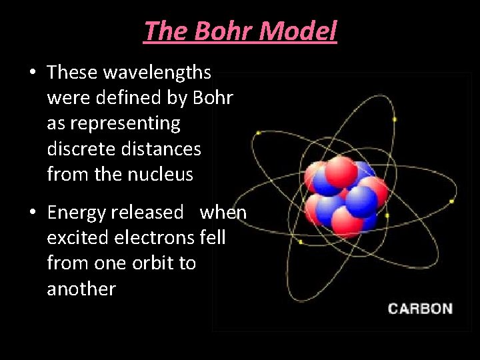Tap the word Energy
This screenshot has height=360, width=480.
click(77, 213)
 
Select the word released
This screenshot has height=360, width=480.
click(147, 213)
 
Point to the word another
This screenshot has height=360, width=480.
click(81, 289)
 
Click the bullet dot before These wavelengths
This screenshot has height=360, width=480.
click(32, 72)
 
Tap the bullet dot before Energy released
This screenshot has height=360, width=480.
click(32, 213)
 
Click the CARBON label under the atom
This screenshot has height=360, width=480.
click(420, 309)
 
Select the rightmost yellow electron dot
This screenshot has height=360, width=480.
click(453, 201)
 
